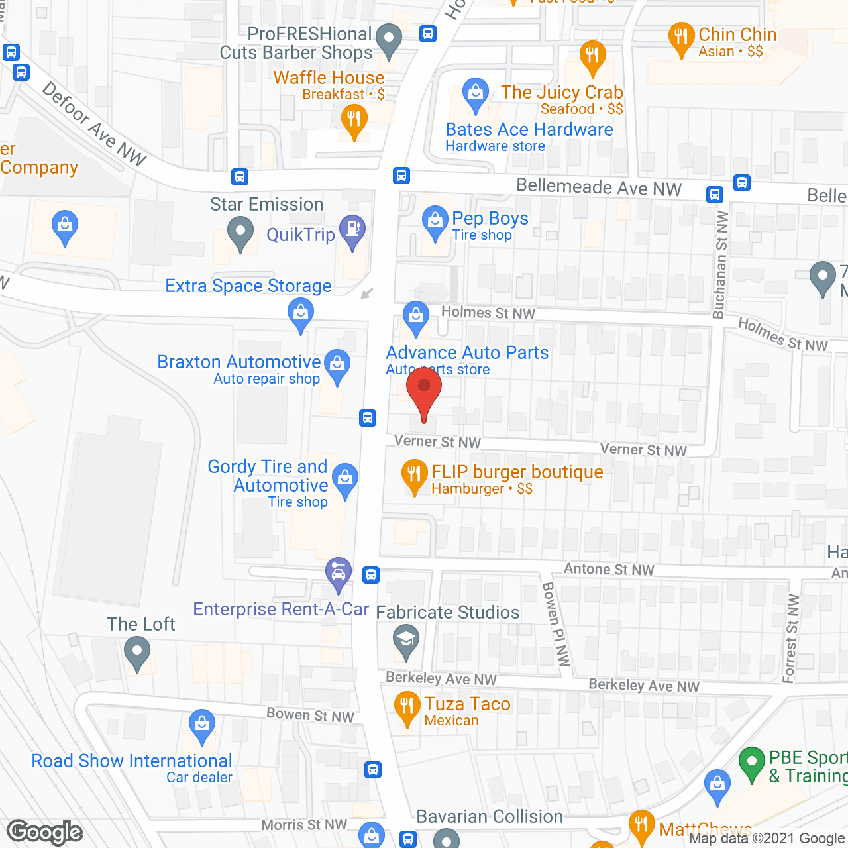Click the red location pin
tap(424, 391)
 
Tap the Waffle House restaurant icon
tap(354, 121)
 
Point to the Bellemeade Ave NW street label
tap(598, 187)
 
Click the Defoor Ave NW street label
tap(94, 123)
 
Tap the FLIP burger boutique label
tap(517, 472)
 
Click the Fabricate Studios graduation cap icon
tap(405, 641)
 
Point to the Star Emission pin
tap(240, 233)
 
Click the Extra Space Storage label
tap(248, 286)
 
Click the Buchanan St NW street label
tap(720, 265)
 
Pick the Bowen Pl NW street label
tap(555, 623)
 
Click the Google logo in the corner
tap(45, 832)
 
